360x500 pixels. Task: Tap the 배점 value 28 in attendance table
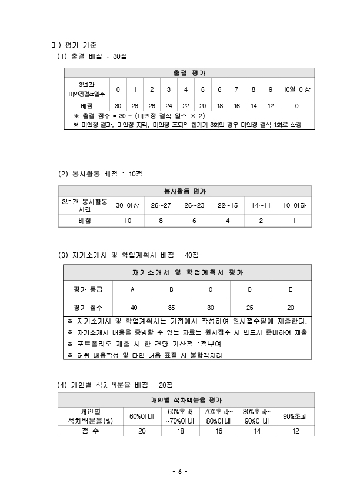[x=135, y=105]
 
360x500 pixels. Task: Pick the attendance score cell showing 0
[x=296, y=105]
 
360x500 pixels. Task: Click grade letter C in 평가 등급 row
[x=210, y=289]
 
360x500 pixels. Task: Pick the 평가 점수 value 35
[x=171, y=308]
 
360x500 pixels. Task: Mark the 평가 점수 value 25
[x=249, y=308]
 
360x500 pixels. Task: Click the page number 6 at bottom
[x=180, y=472]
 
